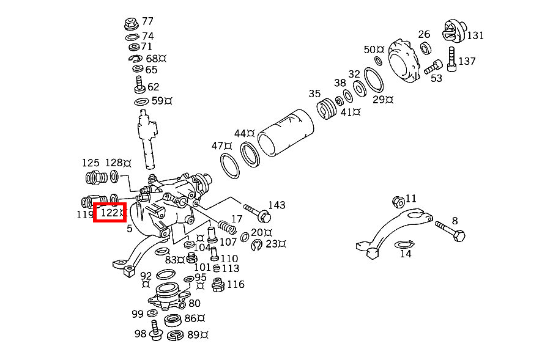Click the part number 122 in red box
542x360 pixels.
[110, 213]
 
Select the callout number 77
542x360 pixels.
[148, 22]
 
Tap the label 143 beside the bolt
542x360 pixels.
[277, 205]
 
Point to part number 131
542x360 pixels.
[475, 35]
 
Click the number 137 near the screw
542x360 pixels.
[467, 61]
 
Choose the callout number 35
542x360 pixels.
[314, 94]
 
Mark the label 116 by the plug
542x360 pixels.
[236, 284]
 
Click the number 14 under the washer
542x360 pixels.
[406, 254]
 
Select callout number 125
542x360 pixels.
[91, 163]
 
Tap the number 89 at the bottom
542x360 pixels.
[194, 334]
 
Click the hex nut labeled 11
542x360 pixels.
[397, 201]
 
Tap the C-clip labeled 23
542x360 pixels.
[257, 245]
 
